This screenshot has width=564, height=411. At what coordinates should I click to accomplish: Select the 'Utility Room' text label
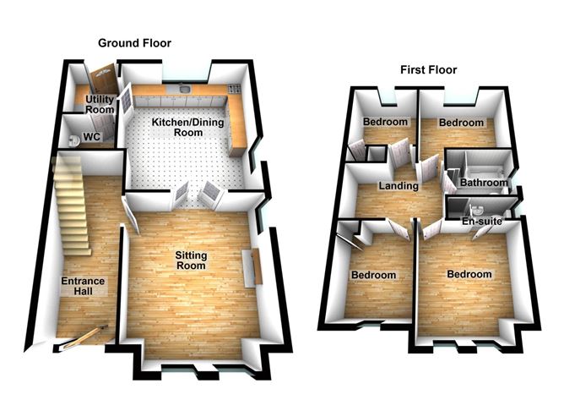(100, 105)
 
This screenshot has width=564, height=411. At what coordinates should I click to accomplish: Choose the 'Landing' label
(399, 186)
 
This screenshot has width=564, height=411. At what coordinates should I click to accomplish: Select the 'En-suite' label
(484, 222)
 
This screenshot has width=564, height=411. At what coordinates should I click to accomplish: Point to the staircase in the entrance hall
(72, 207)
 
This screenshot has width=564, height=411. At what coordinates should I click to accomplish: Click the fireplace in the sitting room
(251, 269)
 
